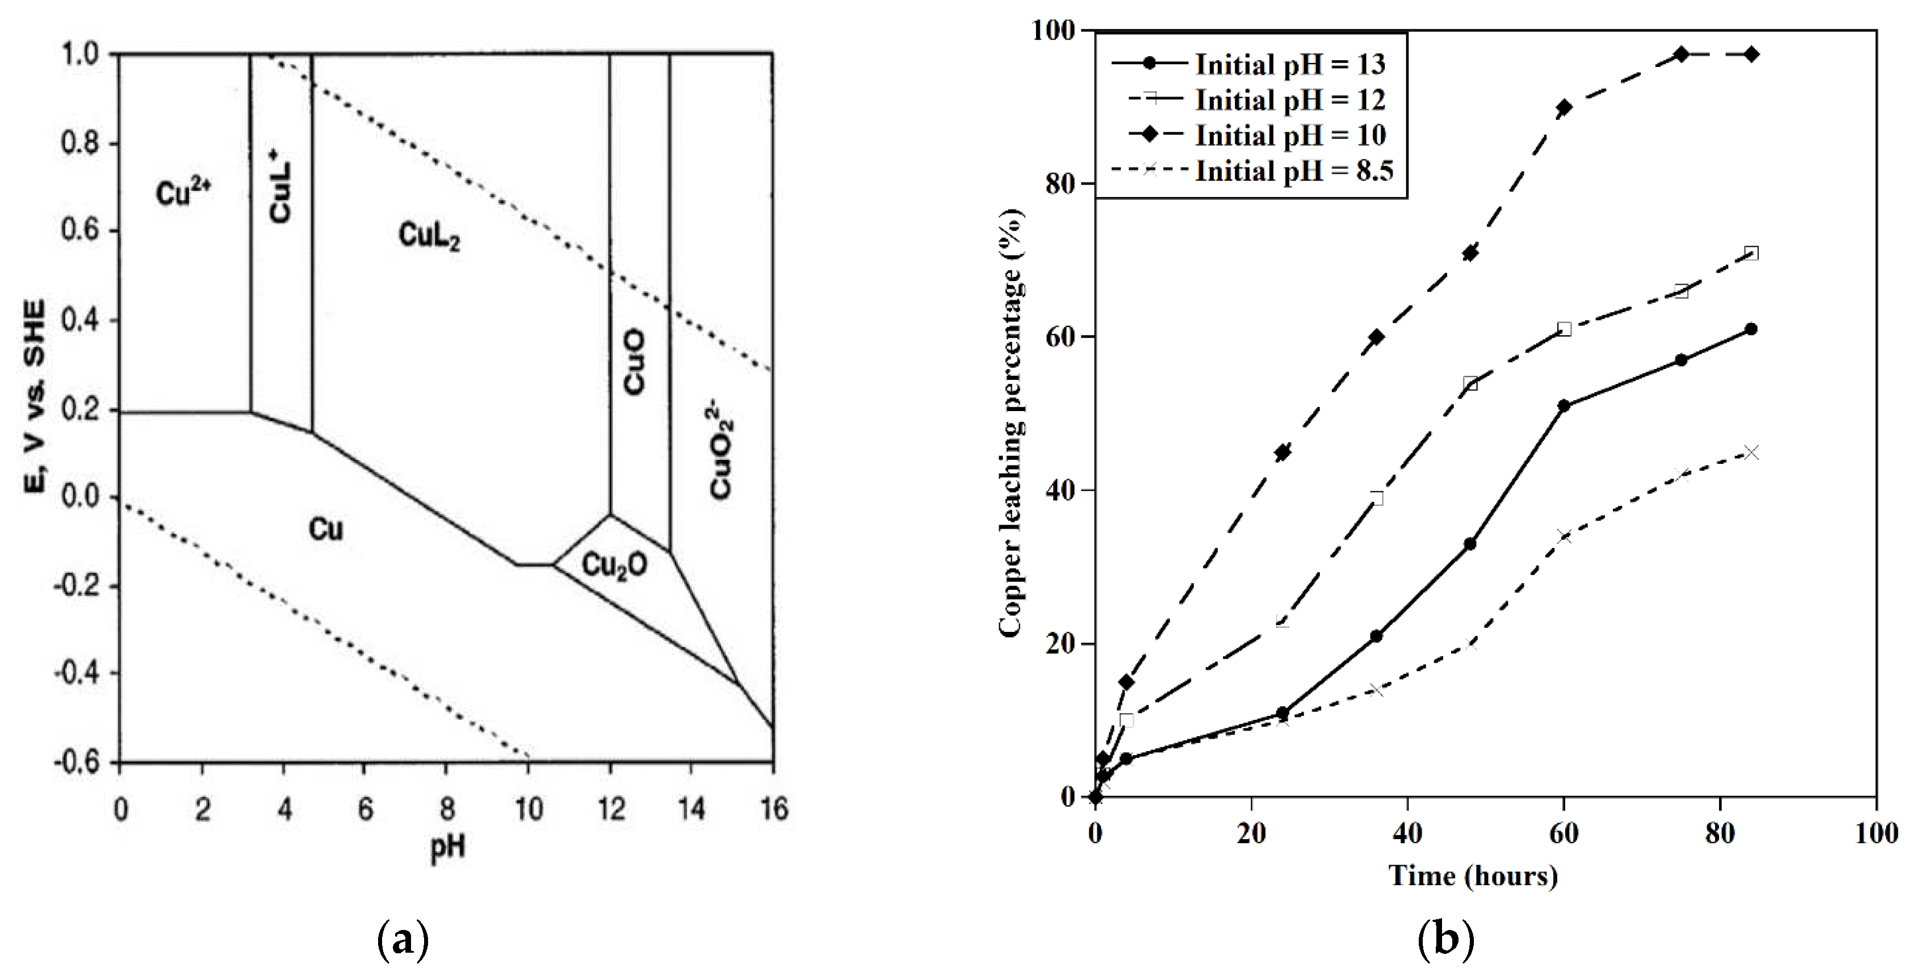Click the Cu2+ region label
coord(183,194)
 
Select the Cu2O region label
coord(614,565)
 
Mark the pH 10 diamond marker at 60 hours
coord(1564,107)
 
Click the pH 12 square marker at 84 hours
coord(1751,253)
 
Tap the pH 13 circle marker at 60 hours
coord(1564,406)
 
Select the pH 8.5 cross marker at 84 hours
coord(1751,453)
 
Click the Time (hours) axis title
coord(1473,875)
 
